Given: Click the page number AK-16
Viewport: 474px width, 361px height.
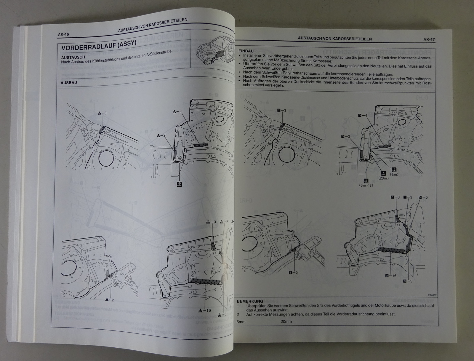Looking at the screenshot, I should (63, 35).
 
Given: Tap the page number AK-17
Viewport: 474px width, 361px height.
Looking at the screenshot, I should (429, 39).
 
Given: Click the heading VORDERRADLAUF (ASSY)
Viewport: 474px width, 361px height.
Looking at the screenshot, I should (99, 46).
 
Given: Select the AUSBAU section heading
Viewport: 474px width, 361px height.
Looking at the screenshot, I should (69, 82).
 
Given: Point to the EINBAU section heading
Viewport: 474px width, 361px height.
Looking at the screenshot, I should (246, 51).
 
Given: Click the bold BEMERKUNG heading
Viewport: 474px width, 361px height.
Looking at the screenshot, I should (250, 301).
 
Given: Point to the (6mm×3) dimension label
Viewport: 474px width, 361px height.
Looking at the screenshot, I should (366, 185).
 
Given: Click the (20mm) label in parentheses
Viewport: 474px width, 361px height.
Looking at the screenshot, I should (383, 178).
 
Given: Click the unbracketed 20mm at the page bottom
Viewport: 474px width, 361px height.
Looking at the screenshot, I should (286, 322).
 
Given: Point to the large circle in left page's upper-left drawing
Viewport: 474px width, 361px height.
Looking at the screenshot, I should (106, 158).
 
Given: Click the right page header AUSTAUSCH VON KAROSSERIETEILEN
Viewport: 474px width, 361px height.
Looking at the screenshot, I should (335, 39).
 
